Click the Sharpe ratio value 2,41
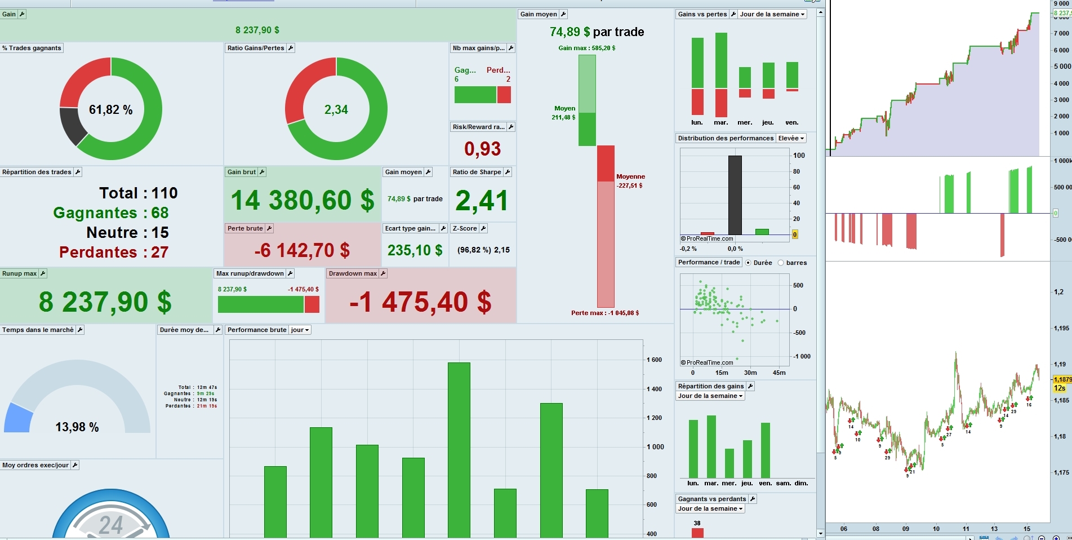pyautogui.click(x=482, y=201)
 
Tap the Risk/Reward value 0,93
pyautogui.click(x=482, y=149)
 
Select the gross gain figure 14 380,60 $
pyautogui.click(x=303, y=201)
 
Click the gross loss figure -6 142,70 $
pyautogui.click(x=302, y=250)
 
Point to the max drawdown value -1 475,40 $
pyautogui.click(x=420, y=302)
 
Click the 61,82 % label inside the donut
pyautogui.click(x=111, y=110)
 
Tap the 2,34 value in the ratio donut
pyautogui.click(x=336, y=110)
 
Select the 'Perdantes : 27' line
pyautogui.click(x=114, y=252)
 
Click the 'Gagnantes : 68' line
pyautogui.click(x=111, y=213)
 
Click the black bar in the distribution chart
pyautogui.click(x=735, y=194)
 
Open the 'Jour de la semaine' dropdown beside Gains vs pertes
pyautogui.click(x=772, y=14)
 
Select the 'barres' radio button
pyautogui.click(x=781, y=263)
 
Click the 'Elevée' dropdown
pyautogui.click(x=791, y=138)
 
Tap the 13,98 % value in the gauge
pyautogui.click(x=77, y=427)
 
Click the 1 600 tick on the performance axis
pyautogui.click(x=654, y=360)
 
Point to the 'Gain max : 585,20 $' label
pyautogui.click(x=586, y=48)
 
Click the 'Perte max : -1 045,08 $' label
pyautogui.click(x=604, y=313)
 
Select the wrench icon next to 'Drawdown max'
pyautogui.click(x=383, y=273)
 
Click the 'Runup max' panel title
pyautogui.click(x=20, y=273)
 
